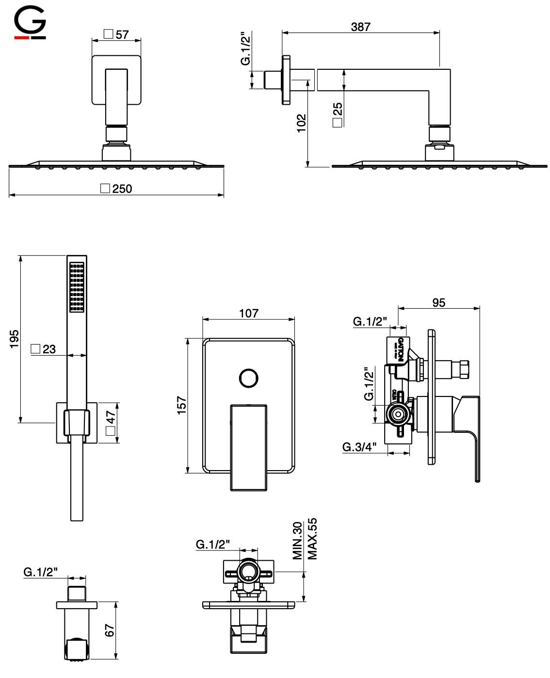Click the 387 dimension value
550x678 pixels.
(360, 27)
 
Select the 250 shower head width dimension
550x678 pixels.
(122, 189)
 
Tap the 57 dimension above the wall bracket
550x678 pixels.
(122, 34)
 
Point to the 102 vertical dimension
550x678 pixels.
(301, 123)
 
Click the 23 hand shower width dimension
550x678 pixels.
(49, 349)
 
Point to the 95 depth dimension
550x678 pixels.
(438, 302)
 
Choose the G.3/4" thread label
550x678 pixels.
(359, 447)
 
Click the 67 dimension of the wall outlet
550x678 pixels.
(109, 630)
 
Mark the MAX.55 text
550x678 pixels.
(312, 539)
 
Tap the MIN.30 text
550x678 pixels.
(298, 540)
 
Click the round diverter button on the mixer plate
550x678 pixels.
(249, 378)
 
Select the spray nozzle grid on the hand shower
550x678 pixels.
(77, 287)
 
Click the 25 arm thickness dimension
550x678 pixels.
(338, 111)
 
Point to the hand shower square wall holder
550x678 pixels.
(77, 422)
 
